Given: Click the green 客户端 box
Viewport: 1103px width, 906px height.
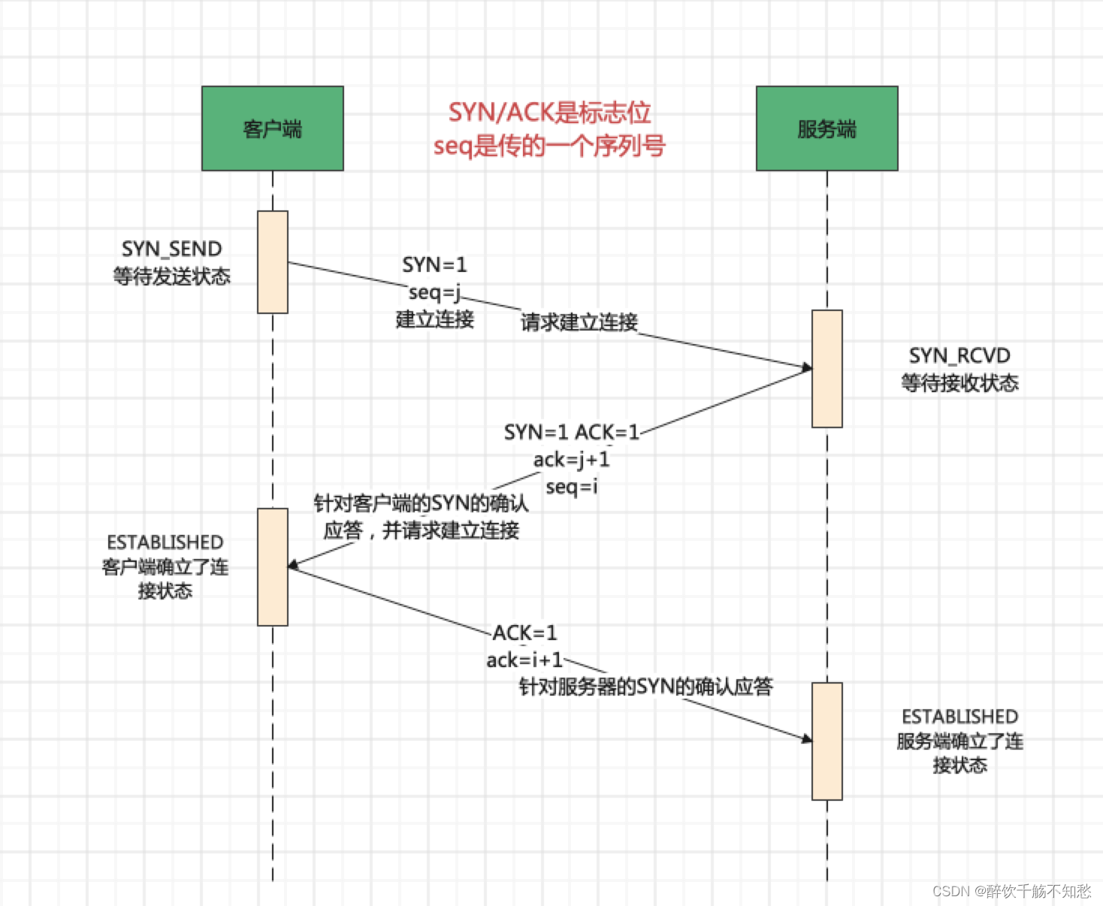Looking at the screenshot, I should (272, 128).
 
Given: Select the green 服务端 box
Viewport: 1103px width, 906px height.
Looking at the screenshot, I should (826, 128).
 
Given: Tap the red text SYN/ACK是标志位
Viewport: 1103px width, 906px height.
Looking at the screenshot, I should (549, 113).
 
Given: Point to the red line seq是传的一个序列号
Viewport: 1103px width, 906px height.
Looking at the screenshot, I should (549, 145).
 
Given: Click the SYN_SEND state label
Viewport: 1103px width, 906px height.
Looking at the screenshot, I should (171, 249).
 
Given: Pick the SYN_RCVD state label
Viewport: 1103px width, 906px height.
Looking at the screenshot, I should (959, 355).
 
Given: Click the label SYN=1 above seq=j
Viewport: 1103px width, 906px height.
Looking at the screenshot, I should (434, 264).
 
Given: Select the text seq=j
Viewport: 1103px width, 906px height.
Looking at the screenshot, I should (434, 291).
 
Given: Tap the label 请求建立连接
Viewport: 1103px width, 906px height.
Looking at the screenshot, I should (579, 322).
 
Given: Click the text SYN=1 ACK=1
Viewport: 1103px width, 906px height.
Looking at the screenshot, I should (571, 432).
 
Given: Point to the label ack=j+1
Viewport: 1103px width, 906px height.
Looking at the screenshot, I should (571, 459).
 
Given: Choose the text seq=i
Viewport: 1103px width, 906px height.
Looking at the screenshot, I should (571, 486).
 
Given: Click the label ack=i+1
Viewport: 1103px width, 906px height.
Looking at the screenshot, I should (524, 660).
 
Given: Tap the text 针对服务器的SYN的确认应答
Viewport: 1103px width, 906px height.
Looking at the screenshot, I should (645, 686).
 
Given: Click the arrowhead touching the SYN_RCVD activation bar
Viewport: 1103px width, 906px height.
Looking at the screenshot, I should (807, 367).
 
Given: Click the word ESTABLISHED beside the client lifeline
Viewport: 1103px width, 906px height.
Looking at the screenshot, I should (165, 542).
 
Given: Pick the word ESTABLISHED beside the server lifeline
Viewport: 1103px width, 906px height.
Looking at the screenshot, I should (959, 717).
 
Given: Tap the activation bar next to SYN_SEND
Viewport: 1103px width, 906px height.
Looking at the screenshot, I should (272, 261).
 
